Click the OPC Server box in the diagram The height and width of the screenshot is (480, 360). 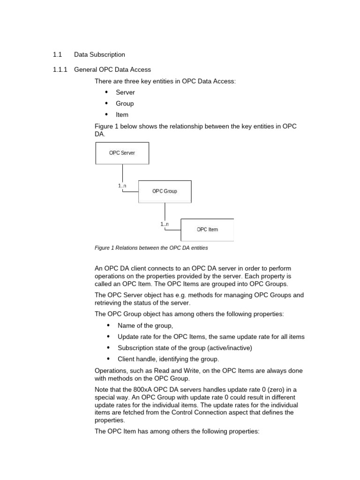click(x=122, y=153)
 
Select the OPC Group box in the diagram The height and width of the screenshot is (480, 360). click(x=165, y=191)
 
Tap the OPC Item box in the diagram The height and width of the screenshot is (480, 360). click(x=207, y=229)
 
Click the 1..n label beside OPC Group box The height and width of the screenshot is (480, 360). click(x=122, y=186)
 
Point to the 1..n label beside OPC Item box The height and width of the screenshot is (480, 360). click(x=165, y=224)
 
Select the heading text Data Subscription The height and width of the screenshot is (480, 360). click(x=99, y=55)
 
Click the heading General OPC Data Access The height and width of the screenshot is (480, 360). click(x=112, y=69)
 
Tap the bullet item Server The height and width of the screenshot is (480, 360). click(x=125, y=92)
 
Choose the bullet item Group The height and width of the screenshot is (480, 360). click(x=125, y=104)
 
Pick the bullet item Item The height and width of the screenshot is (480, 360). click(x=122, y=115)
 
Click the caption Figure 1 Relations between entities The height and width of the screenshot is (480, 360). click(x=151, y=247)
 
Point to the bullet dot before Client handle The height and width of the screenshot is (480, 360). click(x=108, y=359)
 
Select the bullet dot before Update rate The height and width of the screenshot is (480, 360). click(x=108, y=337)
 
